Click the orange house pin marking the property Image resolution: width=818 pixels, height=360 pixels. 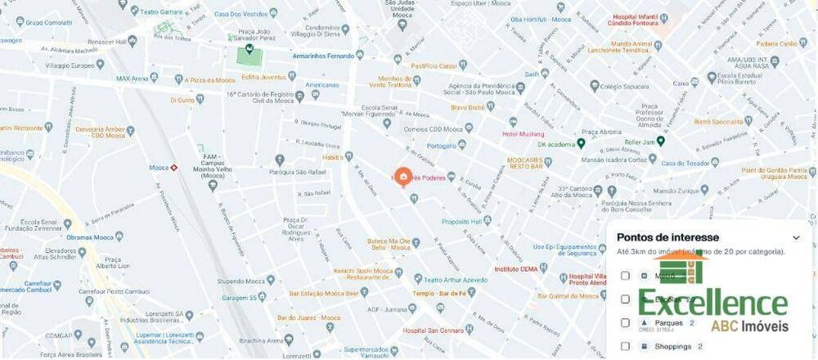click(402, 176)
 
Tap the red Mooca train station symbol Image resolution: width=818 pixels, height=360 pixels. click(174, 168)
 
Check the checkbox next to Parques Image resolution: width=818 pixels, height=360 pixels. click(626, 322)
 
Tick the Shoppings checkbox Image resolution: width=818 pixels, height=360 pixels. click(626, 346)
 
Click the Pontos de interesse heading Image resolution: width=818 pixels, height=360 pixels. click(667, 237)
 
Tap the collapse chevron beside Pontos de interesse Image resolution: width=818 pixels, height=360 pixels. click(797, 238)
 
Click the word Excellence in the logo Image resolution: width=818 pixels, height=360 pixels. click(712, 304)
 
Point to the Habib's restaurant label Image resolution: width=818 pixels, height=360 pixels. click(333, 157)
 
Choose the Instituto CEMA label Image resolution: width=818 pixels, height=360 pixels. click(516, 268)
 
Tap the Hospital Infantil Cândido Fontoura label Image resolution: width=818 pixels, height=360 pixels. click(694, 22)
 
